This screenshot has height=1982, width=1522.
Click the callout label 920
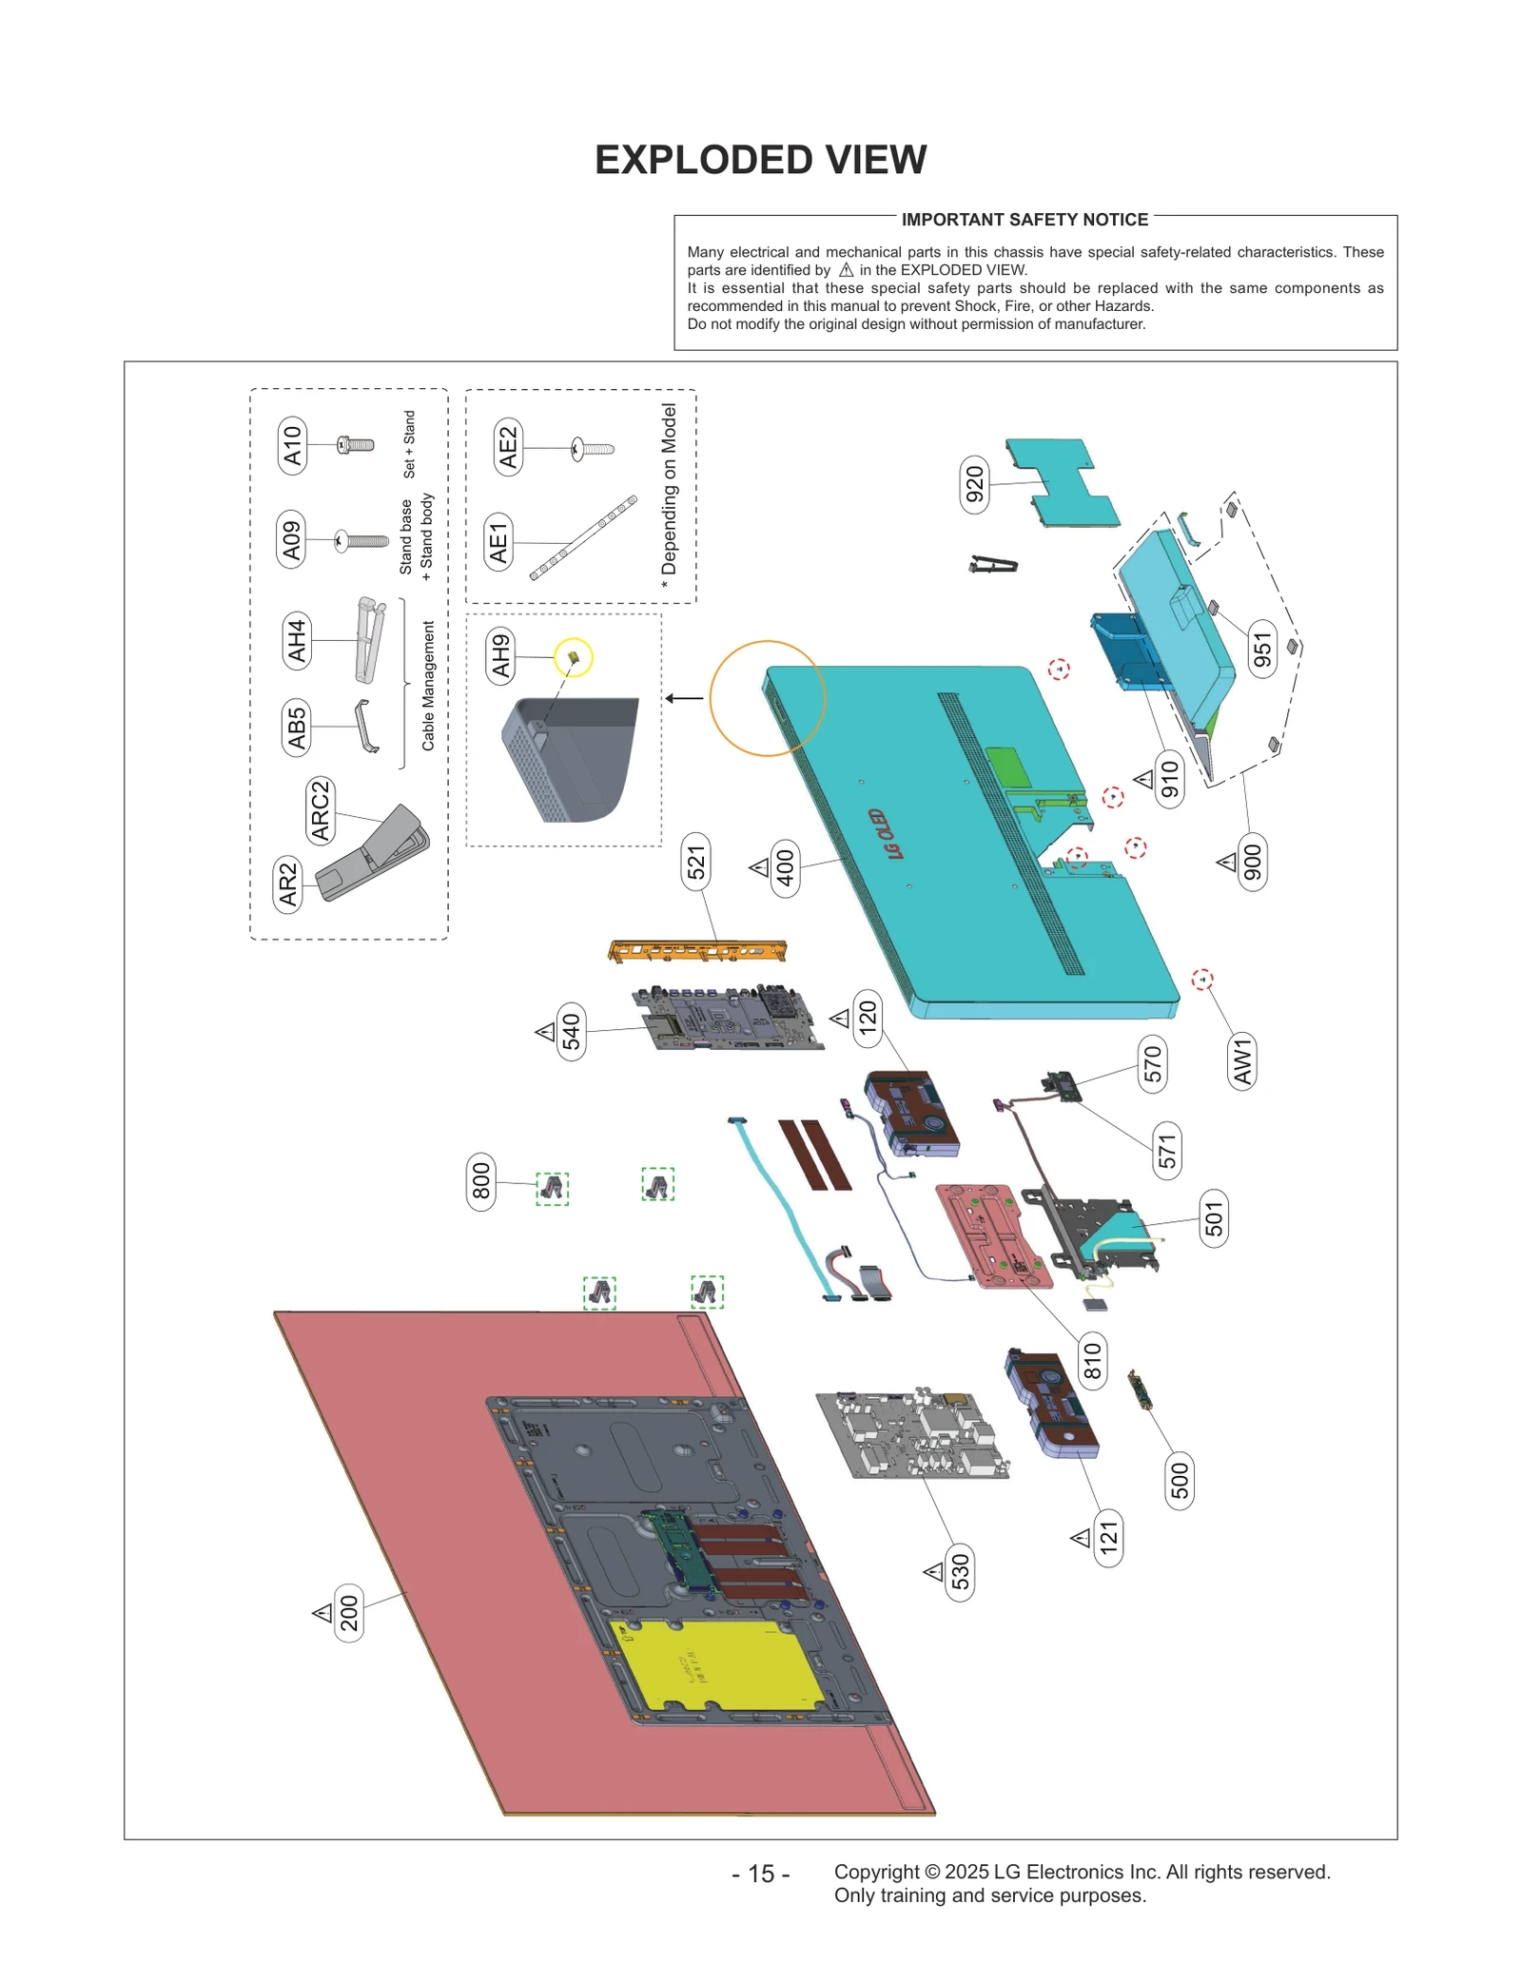click(974, 484)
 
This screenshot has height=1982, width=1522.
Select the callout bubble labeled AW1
click(1241, 1061)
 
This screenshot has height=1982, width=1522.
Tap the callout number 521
click(696, 862)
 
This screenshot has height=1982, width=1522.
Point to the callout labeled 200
click(349, 1613)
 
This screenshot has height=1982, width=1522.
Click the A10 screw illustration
click(356, 444)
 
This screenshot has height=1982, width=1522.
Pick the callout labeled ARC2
click(320, 810)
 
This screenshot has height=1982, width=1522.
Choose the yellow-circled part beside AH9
click(574, 657)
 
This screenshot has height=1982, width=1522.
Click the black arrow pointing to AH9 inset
click(684, 698)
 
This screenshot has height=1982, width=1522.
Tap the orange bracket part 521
click(697, 950)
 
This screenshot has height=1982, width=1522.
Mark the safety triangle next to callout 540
click(545, 1031)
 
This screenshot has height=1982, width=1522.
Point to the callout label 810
click(1092, 1360)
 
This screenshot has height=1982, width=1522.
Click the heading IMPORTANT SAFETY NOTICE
click(1024, 220)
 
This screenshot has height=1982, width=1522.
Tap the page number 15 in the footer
click(760, 1873)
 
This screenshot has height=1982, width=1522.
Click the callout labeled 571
click(1167, 1151)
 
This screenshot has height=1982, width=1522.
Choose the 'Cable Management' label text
click(428, 685)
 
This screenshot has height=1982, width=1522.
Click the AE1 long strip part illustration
click(583, 537)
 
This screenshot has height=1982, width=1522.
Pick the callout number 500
click(1179, 1480)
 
